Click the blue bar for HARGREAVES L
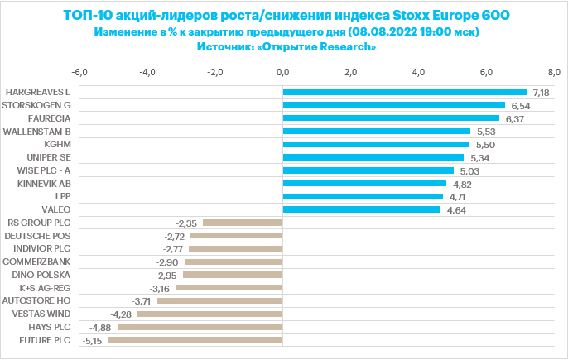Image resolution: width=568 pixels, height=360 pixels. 404,92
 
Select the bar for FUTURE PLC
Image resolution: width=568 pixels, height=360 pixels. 195,340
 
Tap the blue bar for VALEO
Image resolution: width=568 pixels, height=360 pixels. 361,209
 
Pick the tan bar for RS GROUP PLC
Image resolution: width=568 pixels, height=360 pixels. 242,223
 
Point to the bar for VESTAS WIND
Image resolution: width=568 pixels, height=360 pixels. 209,314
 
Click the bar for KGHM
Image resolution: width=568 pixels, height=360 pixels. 376,144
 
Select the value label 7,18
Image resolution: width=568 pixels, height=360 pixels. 542,92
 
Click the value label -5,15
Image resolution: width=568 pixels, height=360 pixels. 93,340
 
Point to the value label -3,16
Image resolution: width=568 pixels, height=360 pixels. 160,288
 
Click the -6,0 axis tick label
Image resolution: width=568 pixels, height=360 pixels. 80,72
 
